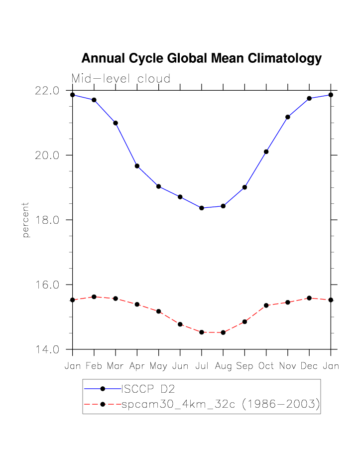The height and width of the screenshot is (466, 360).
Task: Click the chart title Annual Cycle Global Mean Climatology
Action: click(201, 59)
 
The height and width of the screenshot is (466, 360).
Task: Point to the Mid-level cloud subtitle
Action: click(121, 79)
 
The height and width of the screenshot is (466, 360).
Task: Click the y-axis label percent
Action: click(26, 220)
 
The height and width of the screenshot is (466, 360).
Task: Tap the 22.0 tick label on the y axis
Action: click(47, 91)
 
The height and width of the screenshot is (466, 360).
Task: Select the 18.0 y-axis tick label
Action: click(47, 220)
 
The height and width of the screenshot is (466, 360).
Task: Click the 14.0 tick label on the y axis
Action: click(47, 349)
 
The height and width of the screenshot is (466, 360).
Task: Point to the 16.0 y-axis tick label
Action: click(47, 285)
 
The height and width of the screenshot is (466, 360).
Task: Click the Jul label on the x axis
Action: click(202, 366)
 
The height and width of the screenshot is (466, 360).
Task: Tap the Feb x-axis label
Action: click(94, 366)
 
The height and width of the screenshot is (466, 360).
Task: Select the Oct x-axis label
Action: click(266, 366)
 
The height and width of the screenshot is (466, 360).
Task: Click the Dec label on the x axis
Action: click(309, 366)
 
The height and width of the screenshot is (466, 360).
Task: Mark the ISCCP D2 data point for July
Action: click(202, 208)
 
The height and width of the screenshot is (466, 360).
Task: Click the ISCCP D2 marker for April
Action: click(137, 166)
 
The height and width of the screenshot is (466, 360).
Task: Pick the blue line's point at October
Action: click(266, 152)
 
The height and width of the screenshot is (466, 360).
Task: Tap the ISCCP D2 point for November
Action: click(288, 117)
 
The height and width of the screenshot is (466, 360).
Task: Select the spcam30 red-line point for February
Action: click(94, 297)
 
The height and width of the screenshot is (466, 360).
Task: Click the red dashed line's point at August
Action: click(223, 332)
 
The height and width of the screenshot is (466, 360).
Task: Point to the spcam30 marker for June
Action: click(180, 324)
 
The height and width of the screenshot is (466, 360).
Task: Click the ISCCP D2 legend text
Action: click(148, 389)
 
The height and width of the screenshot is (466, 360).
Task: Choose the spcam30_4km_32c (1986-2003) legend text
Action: click(220, 404)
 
